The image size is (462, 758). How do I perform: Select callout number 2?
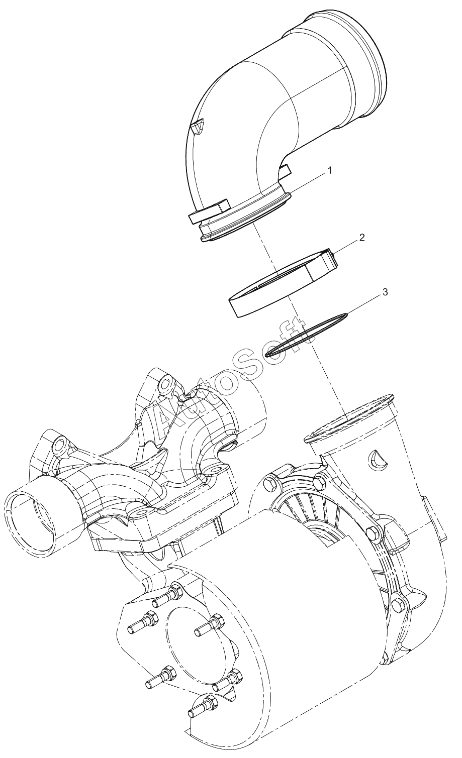tap(362, 238)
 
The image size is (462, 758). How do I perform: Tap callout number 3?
tap(385, 292)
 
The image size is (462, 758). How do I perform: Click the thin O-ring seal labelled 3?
tap(306, 334)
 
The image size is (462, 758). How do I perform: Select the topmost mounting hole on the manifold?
tap(166, 383)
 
